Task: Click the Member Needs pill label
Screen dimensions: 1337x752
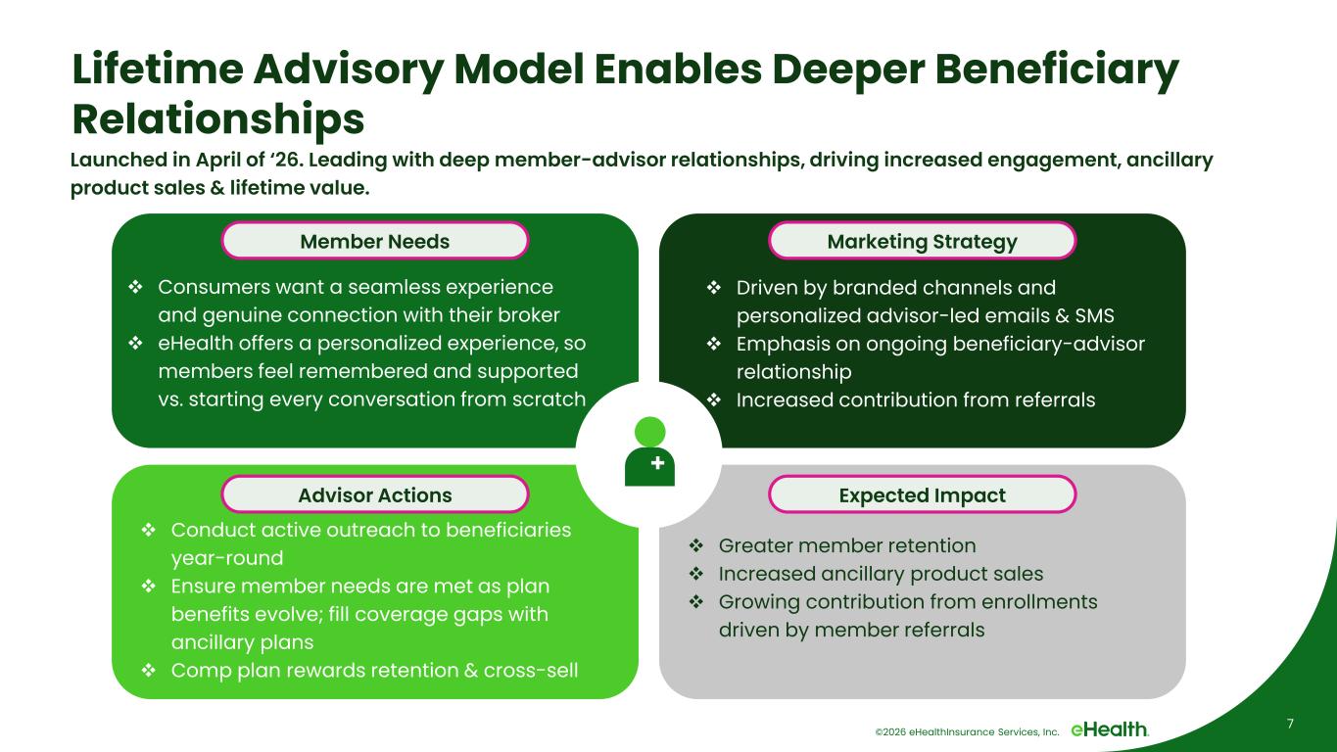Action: (375, 241)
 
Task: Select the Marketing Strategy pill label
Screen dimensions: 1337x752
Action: (922, 241)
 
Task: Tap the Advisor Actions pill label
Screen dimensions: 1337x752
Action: (375, 494)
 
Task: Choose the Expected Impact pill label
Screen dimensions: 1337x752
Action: (922, 494)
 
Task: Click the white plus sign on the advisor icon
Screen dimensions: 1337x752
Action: (658, 462)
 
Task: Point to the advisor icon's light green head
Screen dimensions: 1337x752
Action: (650, 432)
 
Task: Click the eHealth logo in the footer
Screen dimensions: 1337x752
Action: (1110, 729)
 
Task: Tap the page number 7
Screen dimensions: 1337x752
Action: (1290, 724)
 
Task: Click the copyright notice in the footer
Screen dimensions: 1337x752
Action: (967, 731)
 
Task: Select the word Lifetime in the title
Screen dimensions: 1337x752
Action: (158, 69)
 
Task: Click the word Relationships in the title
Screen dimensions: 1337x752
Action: (217, 119)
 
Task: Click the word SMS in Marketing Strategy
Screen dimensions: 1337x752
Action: (1095, 315)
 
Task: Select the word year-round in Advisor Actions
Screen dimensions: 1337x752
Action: (227, 559)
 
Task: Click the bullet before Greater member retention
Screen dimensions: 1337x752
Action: (696, 545)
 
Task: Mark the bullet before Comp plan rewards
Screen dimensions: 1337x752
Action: (149, 670)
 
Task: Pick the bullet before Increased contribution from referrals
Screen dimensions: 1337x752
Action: (714, 399)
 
